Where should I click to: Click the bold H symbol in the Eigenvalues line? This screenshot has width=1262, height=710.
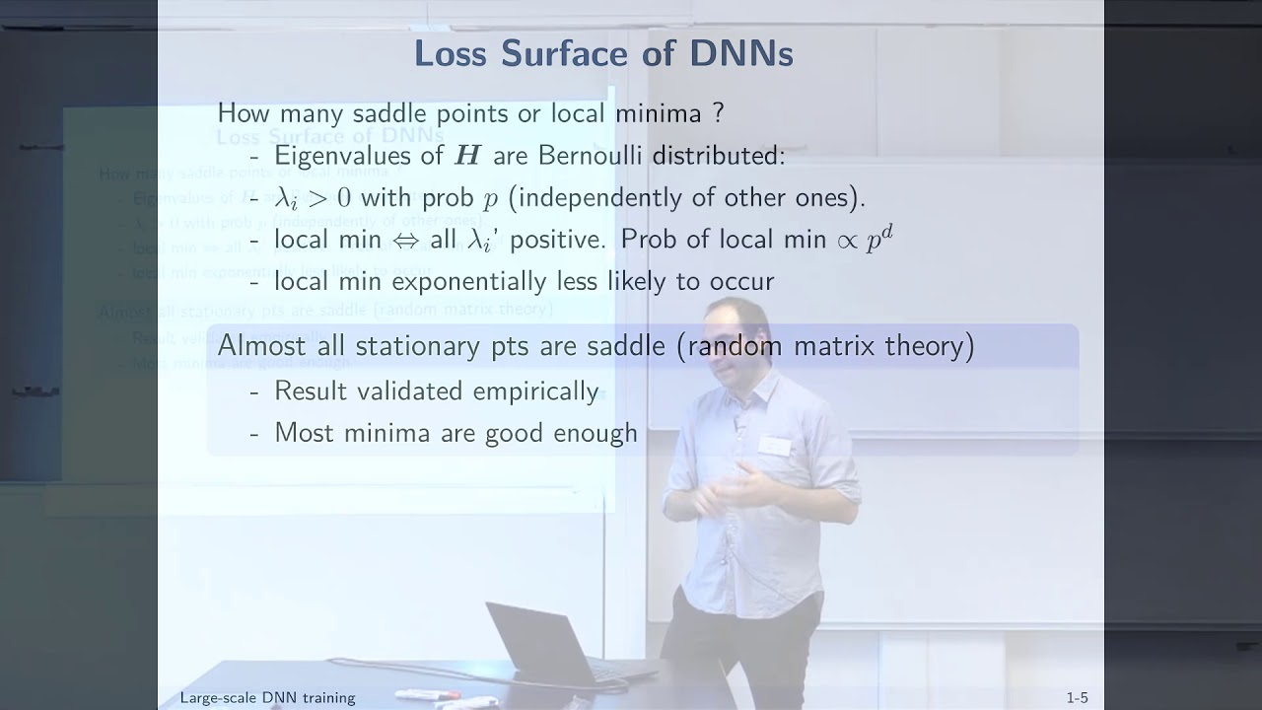(x=466, y=156)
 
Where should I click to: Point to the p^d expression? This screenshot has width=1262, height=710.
(x=878, y=239)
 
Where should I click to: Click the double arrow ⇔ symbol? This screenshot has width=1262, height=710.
(x=405, y=240)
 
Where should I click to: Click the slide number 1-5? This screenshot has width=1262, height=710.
(x=1077, y=698)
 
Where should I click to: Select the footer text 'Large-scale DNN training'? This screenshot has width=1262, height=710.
(x=267, y=698)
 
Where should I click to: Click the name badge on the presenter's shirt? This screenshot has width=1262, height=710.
(x=775, y=446)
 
